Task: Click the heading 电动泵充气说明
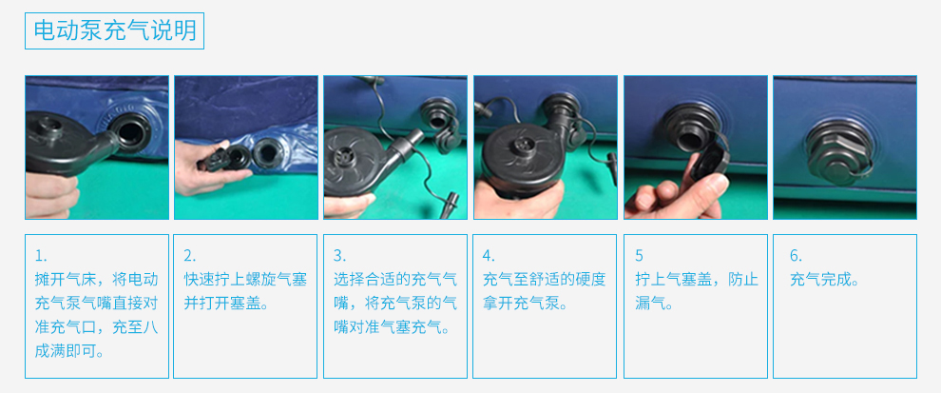coord(115,30)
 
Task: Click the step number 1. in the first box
coord(41,256)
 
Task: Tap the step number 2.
coord(190,256)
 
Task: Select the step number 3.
coord(340,256)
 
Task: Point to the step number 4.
coord(490,256)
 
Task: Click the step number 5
coord(639,256)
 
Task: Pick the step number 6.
coord(796,256)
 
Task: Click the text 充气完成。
coord(825,280)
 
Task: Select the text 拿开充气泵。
coord(525,304)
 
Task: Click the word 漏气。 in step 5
coord(654,304)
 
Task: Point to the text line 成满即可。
coord(69,351)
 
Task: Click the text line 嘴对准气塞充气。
coord(394,327)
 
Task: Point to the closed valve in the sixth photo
coord(838,150)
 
